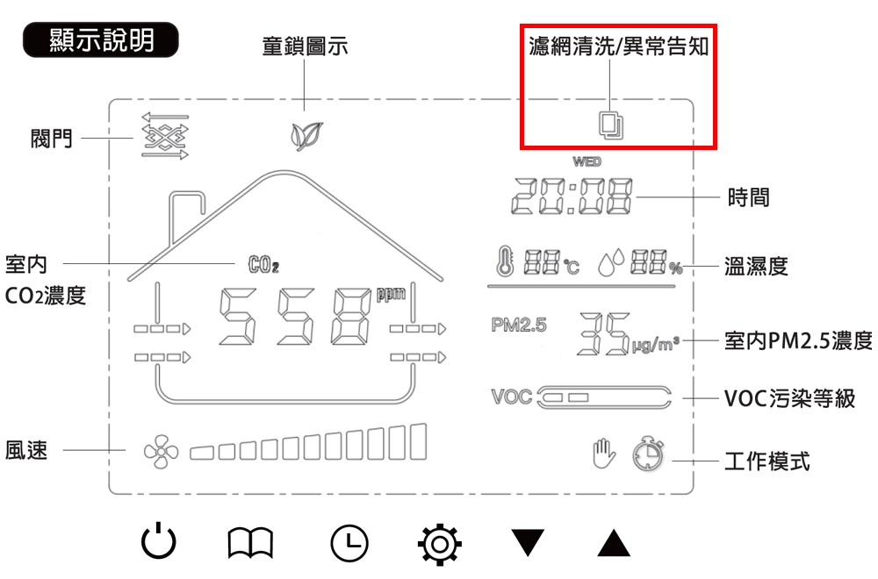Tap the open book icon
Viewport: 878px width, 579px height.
pos(252,543)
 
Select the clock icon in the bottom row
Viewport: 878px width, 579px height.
pos(349,543)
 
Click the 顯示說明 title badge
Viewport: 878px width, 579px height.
pos(101,41)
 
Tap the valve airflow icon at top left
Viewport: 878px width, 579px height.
pos(165,137)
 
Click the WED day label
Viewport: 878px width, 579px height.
pos(587,162)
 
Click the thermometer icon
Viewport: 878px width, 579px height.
pos(504,263)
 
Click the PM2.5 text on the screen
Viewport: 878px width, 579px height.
pos(519,325)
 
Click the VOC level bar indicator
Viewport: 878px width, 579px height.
pos(603,397)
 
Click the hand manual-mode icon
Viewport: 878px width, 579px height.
pos(602,453)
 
